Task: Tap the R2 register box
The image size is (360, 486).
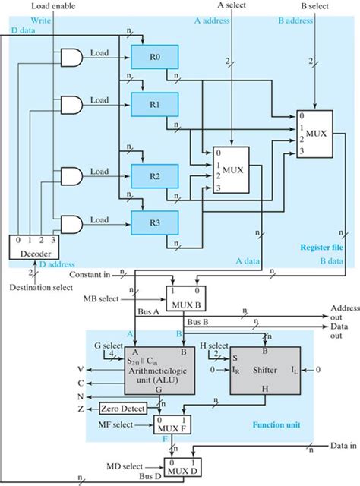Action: click(x=154, y=175)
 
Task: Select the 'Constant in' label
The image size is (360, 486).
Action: click(x=90, y=273)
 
